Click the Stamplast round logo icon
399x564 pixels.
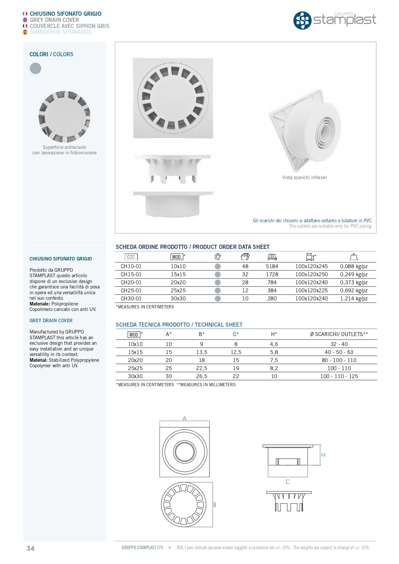tap(302, 20)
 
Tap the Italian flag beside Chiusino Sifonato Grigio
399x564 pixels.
tap(25, 14)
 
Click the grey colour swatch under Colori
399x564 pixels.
tap(35, 68)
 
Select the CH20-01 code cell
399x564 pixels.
tap(131, 282)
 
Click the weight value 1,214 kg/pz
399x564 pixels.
tap(354, 298)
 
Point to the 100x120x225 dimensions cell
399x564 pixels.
tap(311, 290)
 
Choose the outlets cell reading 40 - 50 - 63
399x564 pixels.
tap(339, 352)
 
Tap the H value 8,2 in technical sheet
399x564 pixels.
tap(274, 368)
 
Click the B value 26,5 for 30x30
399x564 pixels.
tap(202, 376)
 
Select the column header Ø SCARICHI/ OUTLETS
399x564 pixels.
tap(339, 334)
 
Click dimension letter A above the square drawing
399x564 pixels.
tap(185, 419)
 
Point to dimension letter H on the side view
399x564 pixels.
tap(323, 455)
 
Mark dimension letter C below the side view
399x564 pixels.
tap(287, 482)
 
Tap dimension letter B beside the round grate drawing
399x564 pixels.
tap(214, 505)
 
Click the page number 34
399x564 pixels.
tap(31, 548)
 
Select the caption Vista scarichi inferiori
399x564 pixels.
tap(304, 177)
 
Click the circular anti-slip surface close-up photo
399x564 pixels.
tap(64, 117)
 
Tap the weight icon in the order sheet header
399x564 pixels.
tap(354, 257)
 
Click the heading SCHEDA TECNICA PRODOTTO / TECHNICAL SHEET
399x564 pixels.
tap(179, 325)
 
